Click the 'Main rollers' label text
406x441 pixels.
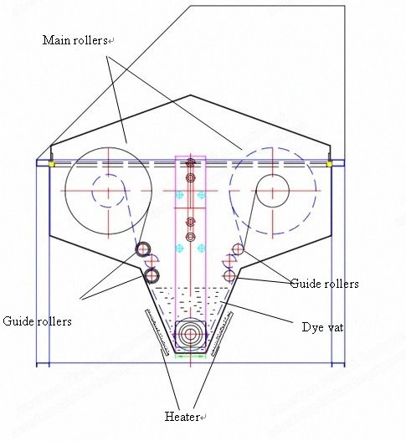click(75, 40)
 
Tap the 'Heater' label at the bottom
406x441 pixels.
click(182, 417)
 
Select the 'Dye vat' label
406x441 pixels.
click(322, 327)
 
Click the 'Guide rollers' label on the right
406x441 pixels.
click(324, 284)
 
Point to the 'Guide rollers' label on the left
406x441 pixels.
click(37, 321)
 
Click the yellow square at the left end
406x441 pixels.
click(51, 164)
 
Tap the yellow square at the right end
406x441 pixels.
click(328, 164)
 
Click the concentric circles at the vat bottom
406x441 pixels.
click(190, 334)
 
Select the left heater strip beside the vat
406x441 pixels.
click(157, 332)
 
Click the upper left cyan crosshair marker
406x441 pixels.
click(179, 195)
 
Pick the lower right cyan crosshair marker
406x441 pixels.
click(201, 248)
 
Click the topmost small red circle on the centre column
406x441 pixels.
click(191, 162)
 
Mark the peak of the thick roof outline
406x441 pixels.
click(191, 95)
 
